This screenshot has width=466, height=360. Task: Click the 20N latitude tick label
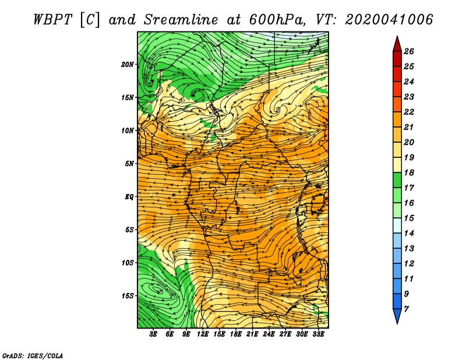tap(128, 64)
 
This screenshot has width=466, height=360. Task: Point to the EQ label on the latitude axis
tap(129, 197)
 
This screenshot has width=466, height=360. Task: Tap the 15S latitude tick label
tap(128, 296)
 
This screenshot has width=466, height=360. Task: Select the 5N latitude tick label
tap(129, 164)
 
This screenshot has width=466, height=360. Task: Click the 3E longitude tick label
tap(153, 334)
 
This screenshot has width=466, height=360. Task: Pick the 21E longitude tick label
tap(252, 334)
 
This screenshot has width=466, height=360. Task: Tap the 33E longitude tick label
tap(318, 334)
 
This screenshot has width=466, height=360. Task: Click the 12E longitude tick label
tap(203, 334)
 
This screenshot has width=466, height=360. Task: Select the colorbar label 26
tap(409, 51)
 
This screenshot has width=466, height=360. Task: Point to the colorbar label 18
tap(409, 172)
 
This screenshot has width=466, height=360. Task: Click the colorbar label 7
tap(406, 309)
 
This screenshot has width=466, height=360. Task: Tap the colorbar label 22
tap(409, 112)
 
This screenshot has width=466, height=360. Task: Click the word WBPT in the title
tap(52, 20)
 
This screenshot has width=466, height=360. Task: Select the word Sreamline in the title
tap(181, 20)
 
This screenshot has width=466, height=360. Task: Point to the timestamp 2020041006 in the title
tap(389, 20)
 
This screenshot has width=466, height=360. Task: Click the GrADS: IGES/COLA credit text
tap(33, 355)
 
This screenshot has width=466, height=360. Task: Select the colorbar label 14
tap(409, 234)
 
